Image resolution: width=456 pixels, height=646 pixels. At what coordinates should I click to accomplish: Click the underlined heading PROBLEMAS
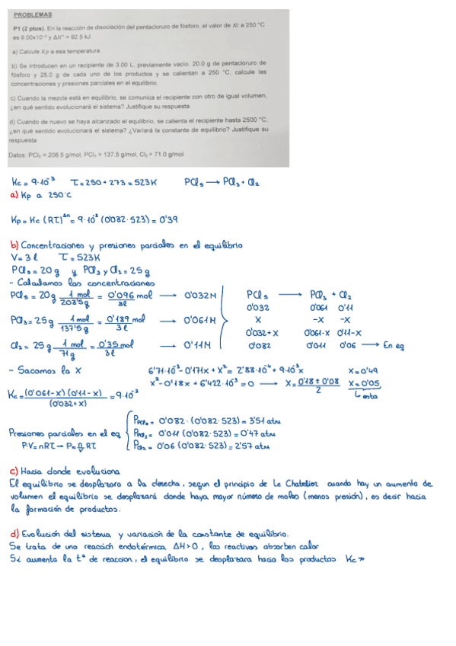pos(32,14)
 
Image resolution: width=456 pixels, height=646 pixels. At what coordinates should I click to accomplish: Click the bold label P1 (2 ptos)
pos(27,27)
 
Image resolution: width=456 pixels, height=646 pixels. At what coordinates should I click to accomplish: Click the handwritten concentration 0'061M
pos(200,320)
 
